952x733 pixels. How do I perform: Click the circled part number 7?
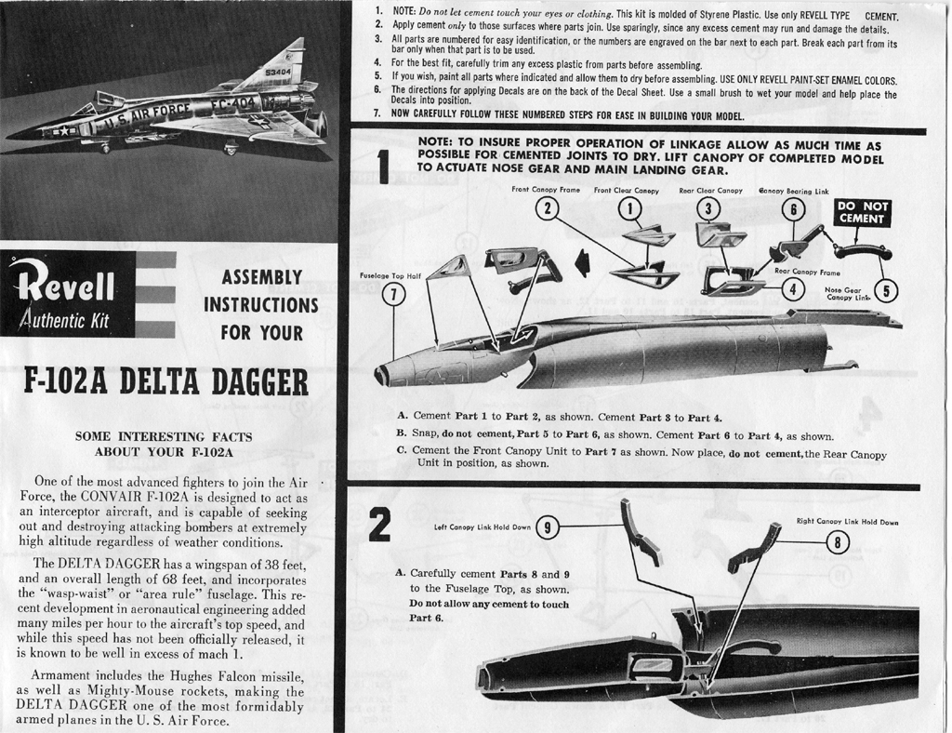394,295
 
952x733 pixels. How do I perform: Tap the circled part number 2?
547,209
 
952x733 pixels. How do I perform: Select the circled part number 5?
886,291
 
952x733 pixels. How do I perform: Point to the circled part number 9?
547,527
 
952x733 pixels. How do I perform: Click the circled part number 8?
838,542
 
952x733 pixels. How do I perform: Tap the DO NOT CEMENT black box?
862,212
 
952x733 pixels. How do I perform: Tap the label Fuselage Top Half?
390,275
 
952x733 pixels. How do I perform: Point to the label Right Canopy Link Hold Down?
848,522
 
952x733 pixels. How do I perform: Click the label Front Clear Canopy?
626,190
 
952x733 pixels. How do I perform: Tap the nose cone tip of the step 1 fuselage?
380,376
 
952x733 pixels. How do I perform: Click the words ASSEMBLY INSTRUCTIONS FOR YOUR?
261,305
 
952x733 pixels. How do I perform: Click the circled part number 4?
793,288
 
